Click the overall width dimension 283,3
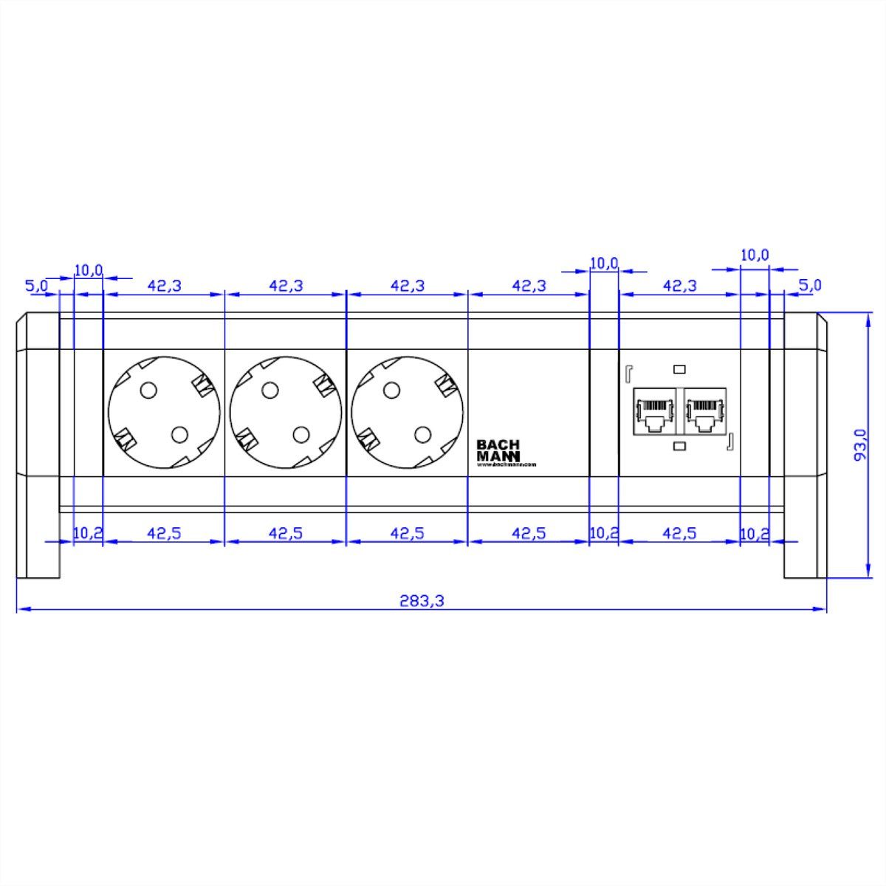click(x=422, y=601)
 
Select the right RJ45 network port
click(x=706, y=416)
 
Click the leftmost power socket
click(x=164, y=412)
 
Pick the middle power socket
click(x=286, y=412)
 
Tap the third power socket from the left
click(x=408, y=412)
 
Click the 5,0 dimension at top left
click(x=37, y=285)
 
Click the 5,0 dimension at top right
click(x=810, y=285)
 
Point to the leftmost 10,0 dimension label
click(x=89, y=270)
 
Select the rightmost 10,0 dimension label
click(x=755, y=255)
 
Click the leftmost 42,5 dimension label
click(x=164, y=533)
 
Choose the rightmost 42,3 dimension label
click(x=679, y=285)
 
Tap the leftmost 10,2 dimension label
click(x=88, y=533)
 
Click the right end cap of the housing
click(x=803, y=444)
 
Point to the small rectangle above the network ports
click(x=679, y=368)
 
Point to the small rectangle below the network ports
click(x=679, y=446)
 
